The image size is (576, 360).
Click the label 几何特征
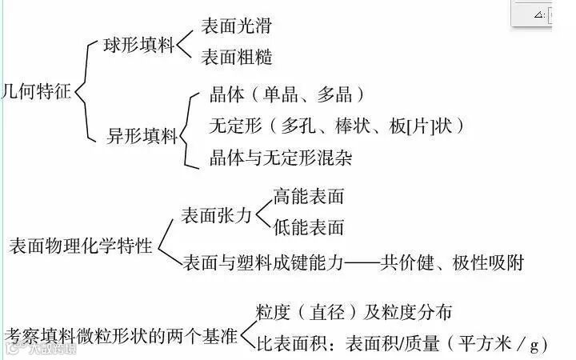coord(38,90)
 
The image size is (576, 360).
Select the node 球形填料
coord(139,45)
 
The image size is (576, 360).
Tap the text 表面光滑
coord(236,26)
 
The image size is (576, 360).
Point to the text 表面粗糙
coord(236,58)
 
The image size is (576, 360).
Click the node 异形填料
coord(142,135)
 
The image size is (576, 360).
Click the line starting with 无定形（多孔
coord(336,126)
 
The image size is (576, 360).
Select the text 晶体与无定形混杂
coord(280,157)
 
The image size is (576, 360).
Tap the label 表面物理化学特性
coord(80,246)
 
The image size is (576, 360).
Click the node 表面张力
coord(216,214)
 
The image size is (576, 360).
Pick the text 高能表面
coord(308,196)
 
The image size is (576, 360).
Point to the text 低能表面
coord(308,227)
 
